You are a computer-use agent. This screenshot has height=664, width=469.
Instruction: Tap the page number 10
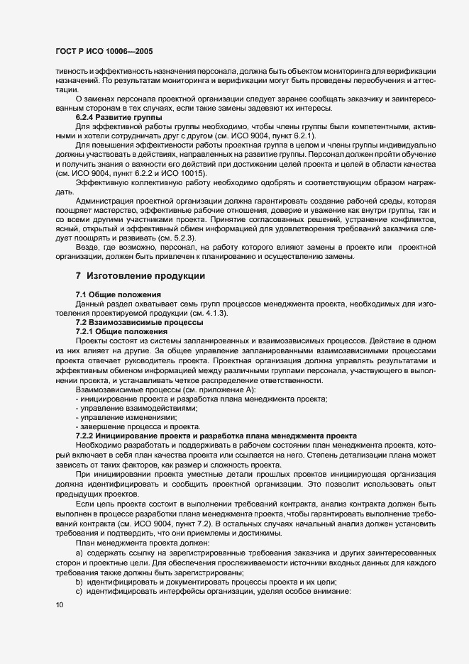click(59, 604)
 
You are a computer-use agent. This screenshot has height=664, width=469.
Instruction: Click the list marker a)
click(79, 549)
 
